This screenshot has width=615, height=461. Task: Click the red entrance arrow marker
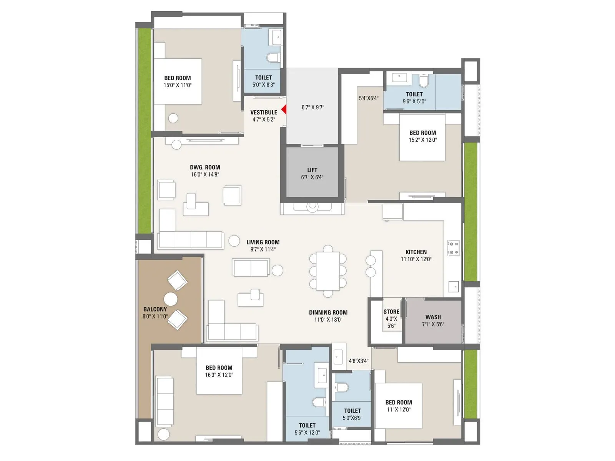click(284, 110)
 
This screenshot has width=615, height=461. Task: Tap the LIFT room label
click(312, 170)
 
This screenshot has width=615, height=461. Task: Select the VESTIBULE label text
click(264, 112)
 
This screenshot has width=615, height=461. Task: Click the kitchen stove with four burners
click(454, 248)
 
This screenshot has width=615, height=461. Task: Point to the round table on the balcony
click(171, 299)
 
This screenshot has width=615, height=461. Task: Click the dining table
click(328, 271)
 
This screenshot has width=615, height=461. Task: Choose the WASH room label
click(433, 317)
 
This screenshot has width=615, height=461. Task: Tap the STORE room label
click(391, 312)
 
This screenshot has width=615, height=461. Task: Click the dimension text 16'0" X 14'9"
click(205, 174)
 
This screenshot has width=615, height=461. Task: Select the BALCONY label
click(155, 309)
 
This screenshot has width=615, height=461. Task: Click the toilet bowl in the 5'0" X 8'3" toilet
click(273, 58)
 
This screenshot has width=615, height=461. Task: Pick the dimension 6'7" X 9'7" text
click(312, 108)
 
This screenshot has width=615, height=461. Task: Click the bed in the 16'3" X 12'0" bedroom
click(219, 371)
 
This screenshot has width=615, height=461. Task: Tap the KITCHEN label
click(416, 252)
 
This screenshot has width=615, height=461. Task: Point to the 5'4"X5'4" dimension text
click(369, 98)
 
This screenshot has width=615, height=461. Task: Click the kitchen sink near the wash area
click(454, 287)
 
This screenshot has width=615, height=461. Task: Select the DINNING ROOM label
click(328, 312)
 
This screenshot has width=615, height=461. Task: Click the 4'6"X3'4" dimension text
click(358, 361)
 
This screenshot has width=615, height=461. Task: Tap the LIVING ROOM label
click(263, 242)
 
